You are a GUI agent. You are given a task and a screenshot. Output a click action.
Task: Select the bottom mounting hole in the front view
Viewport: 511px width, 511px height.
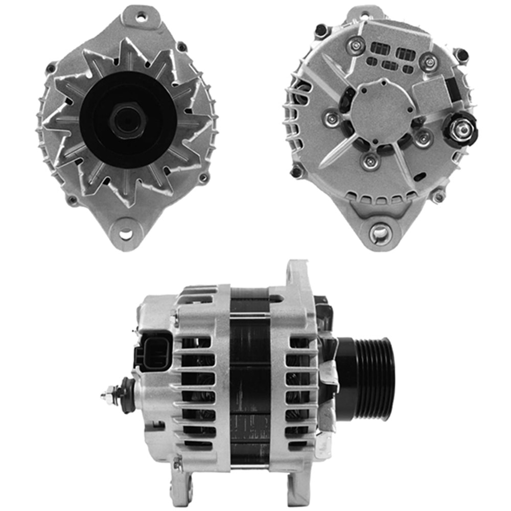click(125, 235)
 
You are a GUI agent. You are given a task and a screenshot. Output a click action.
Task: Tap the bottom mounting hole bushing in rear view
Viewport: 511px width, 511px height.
click(380, 234)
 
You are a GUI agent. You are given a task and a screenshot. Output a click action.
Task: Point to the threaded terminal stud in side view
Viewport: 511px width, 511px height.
click(110, 394)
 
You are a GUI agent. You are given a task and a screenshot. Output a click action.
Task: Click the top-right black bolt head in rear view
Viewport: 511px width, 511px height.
click(461, 54)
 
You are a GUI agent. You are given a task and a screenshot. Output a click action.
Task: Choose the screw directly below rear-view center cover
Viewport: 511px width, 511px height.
click(370, 161)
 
